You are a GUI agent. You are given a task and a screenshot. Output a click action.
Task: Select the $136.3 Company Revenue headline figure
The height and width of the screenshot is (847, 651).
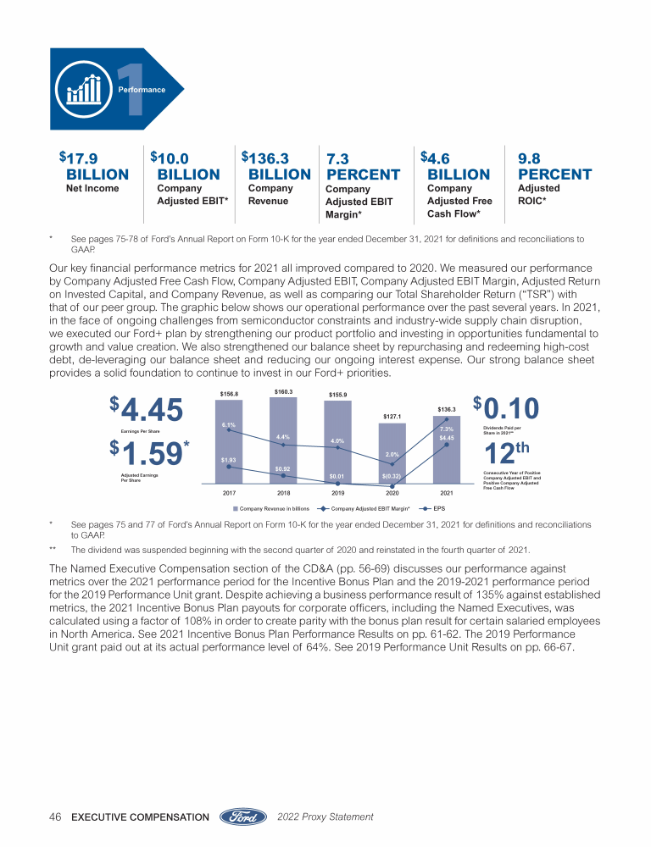[276, 166]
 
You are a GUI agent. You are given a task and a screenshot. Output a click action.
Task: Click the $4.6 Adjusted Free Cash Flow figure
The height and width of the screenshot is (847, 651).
[455, 166]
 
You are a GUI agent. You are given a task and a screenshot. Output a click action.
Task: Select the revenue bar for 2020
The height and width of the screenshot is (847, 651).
[392, 453]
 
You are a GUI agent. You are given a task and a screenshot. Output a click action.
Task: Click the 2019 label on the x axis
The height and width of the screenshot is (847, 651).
[337, 492]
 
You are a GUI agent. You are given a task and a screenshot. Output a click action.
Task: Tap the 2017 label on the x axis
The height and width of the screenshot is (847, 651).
[229, 492]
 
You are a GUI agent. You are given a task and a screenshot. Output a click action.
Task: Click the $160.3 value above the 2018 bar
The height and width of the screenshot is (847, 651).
[284, 391]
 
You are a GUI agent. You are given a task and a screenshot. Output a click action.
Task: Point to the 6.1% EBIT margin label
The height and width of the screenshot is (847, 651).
[229, 424]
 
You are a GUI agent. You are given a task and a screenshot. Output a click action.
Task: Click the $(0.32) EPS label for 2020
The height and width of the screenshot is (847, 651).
[391, 477]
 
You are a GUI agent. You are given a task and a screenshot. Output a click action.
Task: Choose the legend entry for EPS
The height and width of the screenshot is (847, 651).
[434, 509]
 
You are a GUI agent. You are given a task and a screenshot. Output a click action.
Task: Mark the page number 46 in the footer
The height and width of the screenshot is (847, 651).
[56, 817]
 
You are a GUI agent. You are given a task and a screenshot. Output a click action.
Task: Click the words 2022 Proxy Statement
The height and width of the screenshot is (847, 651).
[325, 817]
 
